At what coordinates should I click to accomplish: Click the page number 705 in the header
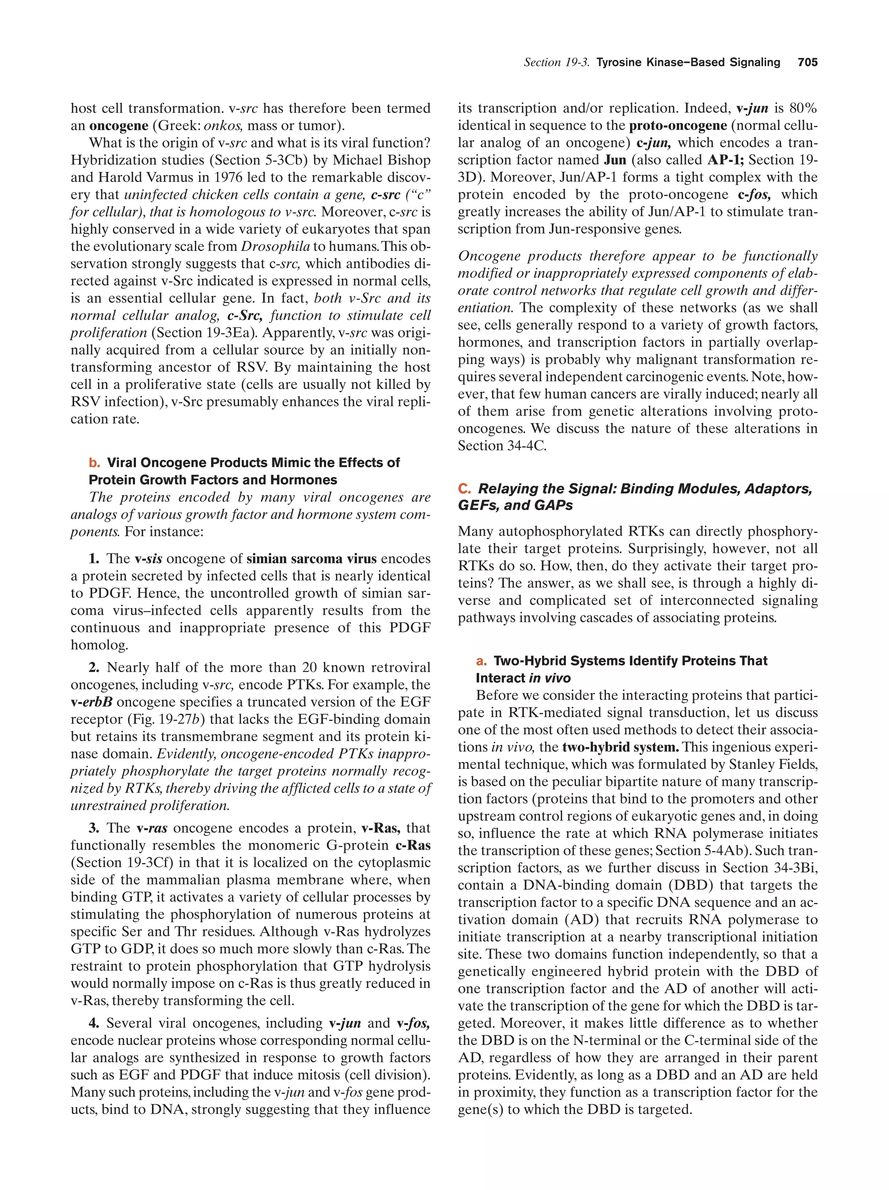click(807, 63)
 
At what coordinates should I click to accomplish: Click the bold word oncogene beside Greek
click(119, 126)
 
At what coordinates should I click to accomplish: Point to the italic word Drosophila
click(275, 247)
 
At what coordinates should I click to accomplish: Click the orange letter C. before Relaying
click(464, 488)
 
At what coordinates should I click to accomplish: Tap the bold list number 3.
click(95, 828)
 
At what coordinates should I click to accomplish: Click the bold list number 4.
click(95, 1023)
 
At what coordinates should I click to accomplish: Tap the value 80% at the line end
click(803, 109)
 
